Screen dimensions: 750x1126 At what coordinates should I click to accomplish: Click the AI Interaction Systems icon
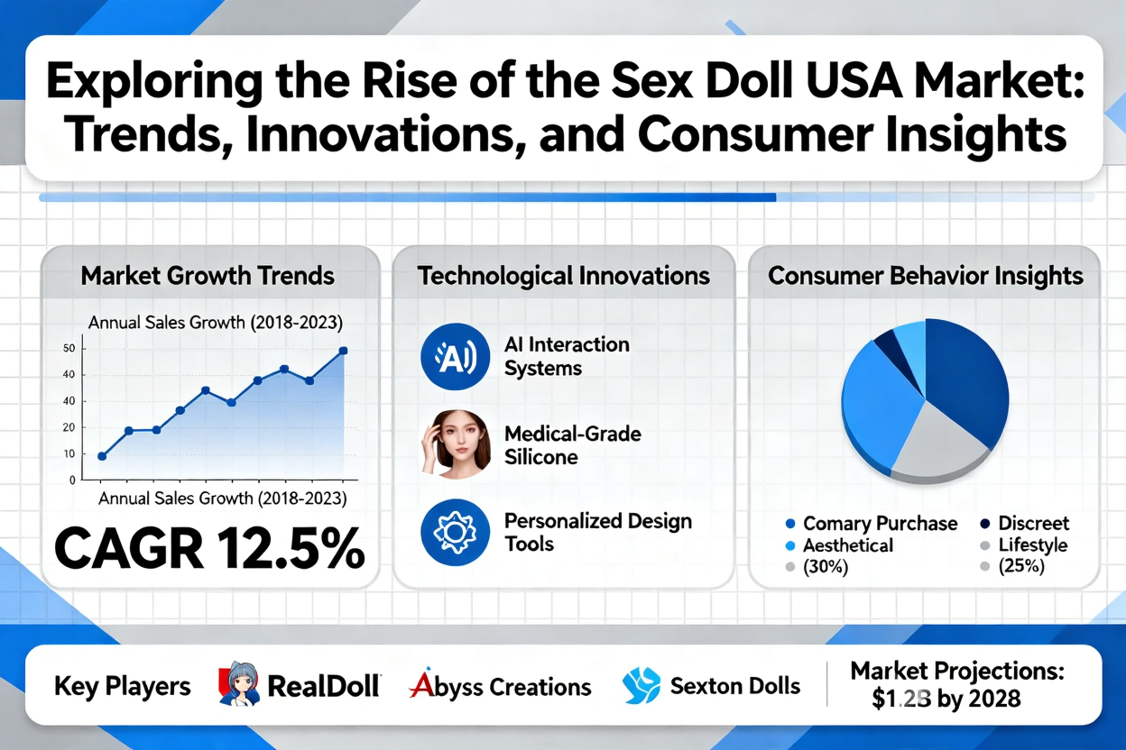point(449,357)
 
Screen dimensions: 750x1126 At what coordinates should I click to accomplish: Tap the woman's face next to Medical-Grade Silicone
point(455,444)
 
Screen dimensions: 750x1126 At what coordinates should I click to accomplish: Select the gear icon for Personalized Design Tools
point(449,532)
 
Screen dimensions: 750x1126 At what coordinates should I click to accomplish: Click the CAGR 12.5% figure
point(209,547)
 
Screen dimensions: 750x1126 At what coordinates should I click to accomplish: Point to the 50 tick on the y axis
point(70,349)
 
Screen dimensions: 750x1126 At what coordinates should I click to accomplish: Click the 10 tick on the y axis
point(70,454)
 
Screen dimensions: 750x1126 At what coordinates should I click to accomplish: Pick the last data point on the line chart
point(343,351)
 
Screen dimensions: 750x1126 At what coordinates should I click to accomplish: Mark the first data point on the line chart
point(102,456)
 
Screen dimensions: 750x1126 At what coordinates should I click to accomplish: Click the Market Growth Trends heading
point(208,276)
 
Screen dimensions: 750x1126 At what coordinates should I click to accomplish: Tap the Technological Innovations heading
point(563,276)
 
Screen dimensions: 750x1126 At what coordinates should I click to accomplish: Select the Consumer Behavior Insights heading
point(926,276)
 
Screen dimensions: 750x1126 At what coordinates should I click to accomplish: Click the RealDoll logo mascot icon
point(238,685)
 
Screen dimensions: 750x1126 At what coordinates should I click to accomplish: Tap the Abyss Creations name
point(501,687)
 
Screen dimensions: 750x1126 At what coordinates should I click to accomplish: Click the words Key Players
point(122,687)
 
